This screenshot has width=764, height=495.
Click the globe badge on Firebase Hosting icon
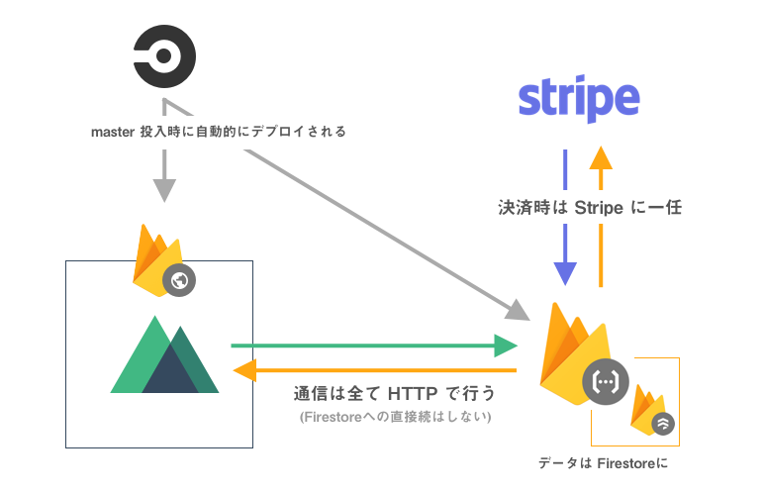pos(179,280)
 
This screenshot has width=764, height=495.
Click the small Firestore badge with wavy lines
pos(663,423)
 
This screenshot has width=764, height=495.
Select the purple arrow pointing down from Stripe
pos(564,219)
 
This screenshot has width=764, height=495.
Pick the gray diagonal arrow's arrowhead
pos(517,309)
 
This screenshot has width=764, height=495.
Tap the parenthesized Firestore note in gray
pos(395,418)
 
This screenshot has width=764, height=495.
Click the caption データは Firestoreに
pos(611,463)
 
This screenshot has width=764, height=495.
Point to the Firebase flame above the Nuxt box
pos(154,259)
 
